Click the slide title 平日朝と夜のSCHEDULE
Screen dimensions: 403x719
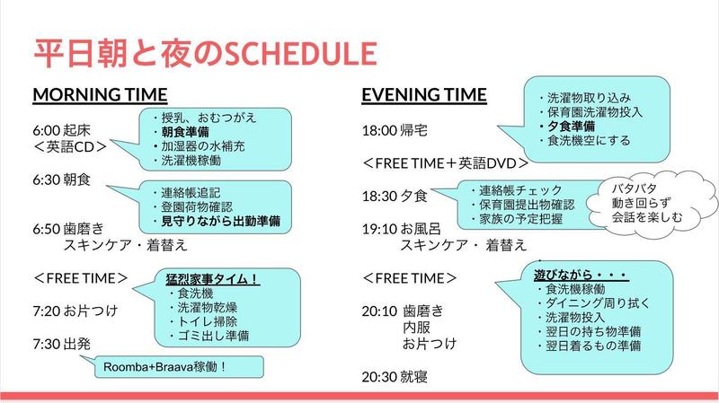pos(202,53)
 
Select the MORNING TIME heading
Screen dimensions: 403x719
pos(100,95)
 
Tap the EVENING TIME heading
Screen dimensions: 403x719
pos(424,95)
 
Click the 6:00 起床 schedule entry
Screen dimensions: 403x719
pos(62,129)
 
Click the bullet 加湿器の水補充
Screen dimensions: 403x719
pos(202,146)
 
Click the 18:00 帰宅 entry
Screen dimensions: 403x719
pos(394,130)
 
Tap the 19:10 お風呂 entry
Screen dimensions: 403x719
pos(399,228)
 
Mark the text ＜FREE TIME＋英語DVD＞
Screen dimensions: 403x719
pos(444,163)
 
